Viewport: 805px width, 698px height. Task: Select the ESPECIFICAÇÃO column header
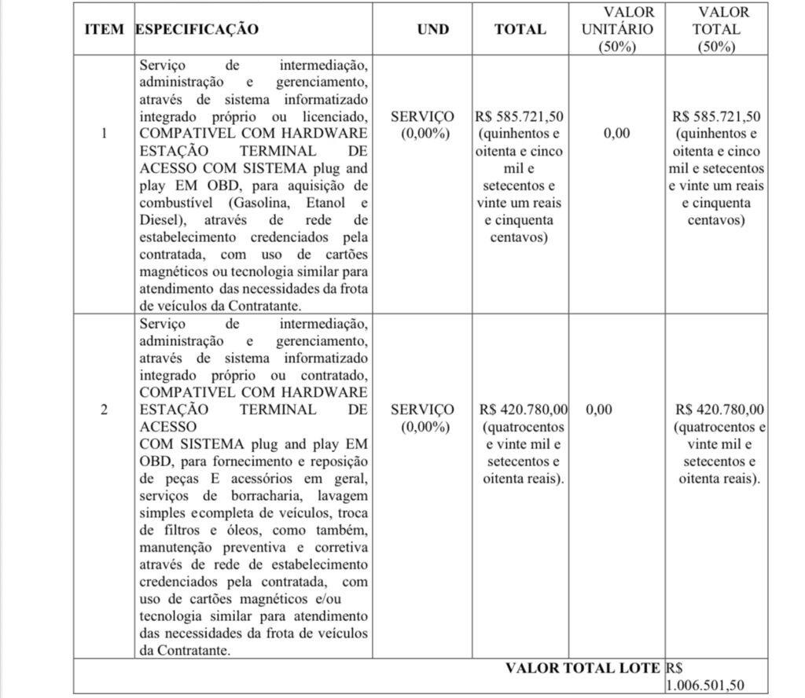coord(197,29)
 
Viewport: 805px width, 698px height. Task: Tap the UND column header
coord(433,29)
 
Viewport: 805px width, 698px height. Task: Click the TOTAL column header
coord(520,29)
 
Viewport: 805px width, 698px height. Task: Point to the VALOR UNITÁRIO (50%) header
coord(617,29)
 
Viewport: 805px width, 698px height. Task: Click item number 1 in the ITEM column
coord(105,133)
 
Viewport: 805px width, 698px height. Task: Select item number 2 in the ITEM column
coord(105,410)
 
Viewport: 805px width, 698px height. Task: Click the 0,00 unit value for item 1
coord(616,134)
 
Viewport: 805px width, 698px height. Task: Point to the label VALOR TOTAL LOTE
coord(583,668)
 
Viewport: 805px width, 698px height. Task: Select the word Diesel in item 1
coord(158,220)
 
